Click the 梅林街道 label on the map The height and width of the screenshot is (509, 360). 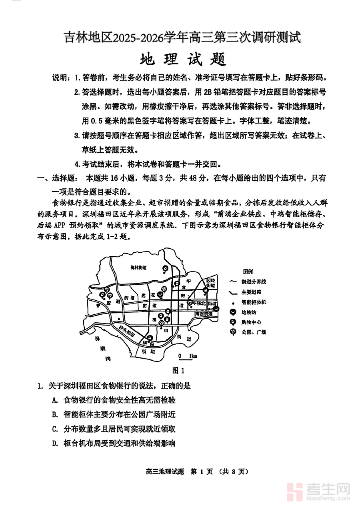coord(139,267)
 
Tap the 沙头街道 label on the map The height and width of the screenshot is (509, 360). coord(127,330)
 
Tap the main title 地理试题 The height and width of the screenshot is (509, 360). coord(183,60)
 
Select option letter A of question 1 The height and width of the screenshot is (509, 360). coord(54,400)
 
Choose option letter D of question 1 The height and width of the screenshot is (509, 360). coord(54,443)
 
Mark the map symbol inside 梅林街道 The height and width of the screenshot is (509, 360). coord(165,268)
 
